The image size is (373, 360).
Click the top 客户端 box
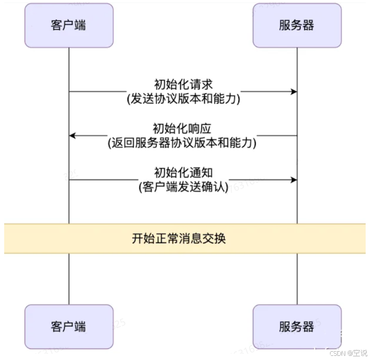(x=69, y=26)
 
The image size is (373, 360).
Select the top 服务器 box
(x=297, y=26)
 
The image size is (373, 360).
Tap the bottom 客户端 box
(x=69, y=327)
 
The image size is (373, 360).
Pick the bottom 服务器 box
(x=297, y=327)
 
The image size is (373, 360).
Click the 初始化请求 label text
(x=183, y=84)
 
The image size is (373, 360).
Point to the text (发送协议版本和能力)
(x=183, y=99)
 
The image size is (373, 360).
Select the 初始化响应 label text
(x=183, y=128)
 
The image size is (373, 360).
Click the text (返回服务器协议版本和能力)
(x=183, y=143)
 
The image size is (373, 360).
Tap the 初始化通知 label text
(x=183, y=172)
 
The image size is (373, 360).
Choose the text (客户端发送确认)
(x=183, y=187)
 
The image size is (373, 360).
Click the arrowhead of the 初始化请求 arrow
(x=294, y=92)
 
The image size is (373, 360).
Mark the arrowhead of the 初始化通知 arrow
(x=294, y=180)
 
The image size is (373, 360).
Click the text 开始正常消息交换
(x=179, y=238)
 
